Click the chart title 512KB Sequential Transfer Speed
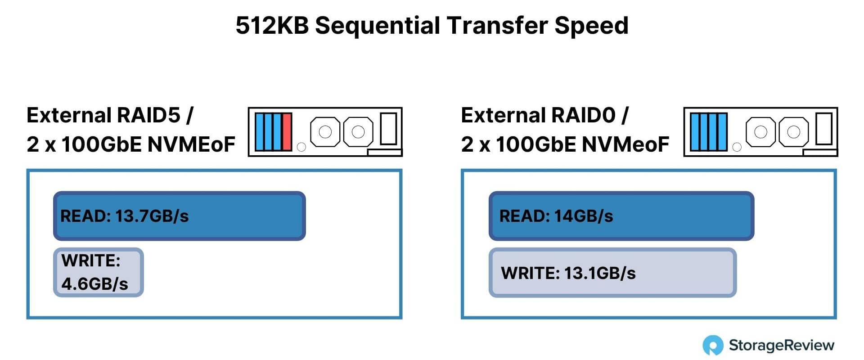click(432, 26)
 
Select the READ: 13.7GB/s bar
click(180, 216)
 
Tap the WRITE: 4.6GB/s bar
click(99, 272)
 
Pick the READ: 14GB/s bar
click(621, 216)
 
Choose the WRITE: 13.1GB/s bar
click(612, 273)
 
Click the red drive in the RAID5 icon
click(287, 132)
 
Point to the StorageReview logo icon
click(713, 346)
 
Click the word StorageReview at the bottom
click(782, 346)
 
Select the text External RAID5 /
click(110, 115)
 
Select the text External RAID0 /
click(544, 115)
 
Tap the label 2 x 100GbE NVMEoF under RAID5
click(131, 144)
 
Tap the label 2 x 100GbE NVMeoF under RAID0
click(565, 144)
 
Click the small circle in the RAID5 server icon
click(301, 147)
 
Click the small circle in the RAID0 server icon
click(737, 147)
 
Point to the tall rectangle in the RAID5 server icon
click(388, 129)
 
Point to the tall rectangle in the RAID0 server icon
click(824, 129)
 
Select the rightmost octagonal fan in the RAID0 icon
click(793, 132)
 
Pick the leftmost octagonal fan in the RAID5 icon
click(325, 132)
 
